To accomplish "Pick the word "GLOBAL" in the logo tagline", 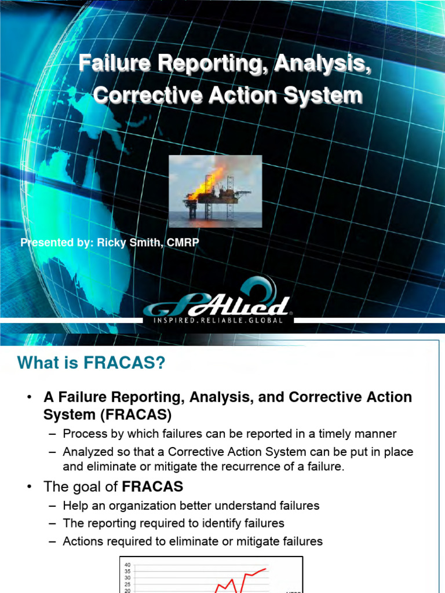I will pos(266,320).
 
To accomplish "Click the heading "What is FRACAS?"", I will pos(92,363).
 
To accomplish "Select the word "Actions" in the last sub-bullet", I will pos(83,542).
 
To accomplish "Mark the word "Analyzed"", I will pos(87,452).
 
